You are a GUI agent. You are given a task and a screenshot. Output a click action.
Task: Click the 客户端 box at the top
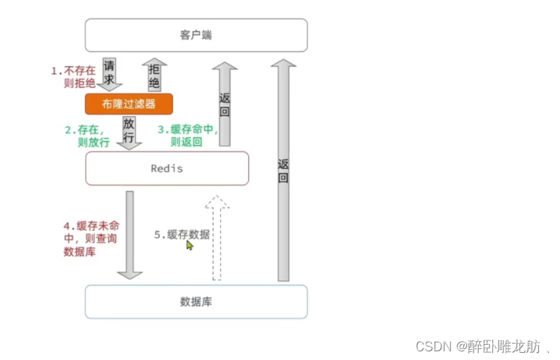(196, 35)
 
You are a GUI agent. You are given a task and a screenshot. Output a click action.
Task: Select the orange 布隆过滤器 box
(129, 104)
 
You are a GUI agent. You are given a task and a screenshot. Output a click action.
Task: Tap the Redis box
(167, 168)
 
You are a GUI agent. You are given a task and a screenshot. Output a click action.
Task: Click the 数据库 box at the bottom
(196, 301)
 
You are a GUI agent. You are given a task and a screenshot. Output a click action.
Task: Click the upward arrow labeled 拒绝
(154, 75)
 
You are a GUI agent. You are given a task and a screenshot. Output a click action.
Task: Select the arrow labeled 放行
(129, 132)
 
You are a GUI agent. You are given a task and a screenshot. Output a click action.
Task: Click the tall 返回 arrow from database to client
(283, 171)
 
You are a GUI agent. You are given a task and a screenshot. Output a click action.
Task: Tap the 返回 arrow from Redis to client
(224, 104)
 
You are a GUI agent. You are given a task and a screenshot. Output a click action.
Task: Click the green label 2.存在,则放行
(87, 136)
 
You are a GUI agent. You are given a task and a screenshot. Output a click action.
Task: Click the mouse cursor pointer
(190, 246)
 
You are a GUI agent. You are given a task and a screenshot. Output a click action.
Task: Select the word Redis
(166, 168)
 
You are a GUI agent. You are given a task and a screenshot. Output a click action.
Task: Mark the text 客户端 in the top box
(196, 35)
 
